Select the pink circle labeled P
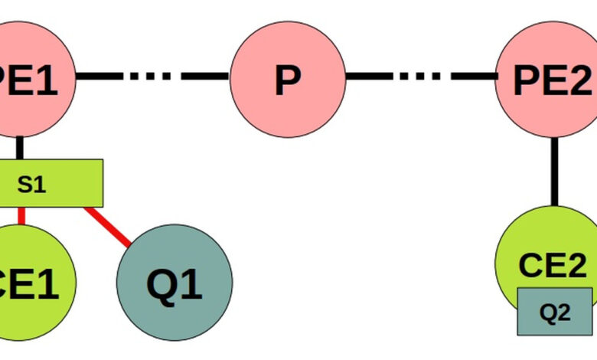click(x=287, y=79)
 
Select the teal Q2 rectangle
click(x=555, y=311)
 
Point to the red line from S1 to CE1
click(x=21, y=215)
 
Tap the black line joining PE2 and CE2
click(x=555, y=172)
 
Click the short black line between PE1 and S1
click(x=21, y=148)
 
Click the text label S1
click(x=32, y=184)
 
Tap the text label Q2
click(x=555, y=312)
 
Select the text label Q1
click(x=175, y=284)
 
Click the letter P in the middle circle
click(x=287, y=80)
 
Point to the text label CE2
click(x=552, y=265)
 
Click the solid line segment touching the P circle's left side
click(x=205, y=77)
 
